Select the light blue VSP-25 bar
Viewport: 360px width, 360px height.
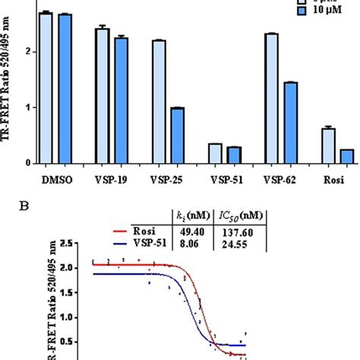(x=159, y=102)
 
